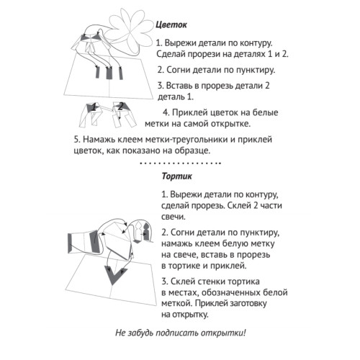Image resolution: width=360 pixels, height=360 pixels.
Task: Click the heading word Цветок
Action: (x=171, y=25)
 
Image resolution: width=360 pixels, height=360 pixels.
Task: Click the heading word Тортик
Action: (x=177, y=176)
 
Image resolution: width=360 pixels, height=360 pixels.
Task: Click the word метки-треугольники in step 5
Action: (x=186, y=140)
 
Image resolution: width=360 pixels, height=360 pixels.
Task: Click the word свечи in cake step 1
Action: (x=174, y=217)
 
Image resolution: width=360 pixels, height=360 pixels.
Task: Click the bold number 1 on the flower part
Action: (x=94, y=107)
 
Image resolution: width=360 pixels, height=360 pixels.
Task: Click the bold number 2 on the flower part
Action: (x=121, y=106)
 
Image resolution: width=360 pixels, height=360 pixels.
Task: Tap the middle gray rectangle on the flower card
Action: (x=109, y=73)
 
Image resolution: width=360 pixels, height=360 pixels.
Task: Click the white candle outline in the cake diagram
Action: (x=139, y=232)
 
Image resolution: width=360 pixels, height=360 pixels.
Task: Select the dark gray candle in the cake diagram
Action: (x=146, y=231)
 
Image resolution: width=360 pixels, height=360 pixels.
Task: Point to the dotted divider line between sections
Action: (x=180, y=163)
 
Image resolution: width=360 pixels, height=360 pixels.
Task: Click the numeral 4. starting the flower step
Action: (x=166, y=112)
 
